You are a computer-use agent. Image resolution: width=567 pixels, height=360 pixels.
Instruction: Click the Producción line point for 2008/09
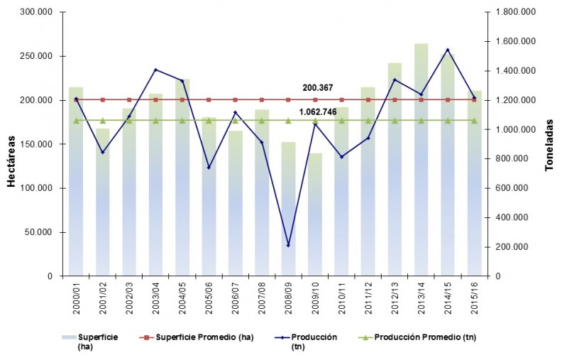pos(288,246)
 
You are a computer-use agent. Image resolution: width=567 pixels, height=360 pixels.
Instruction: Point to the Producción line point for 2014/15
pos(448,50)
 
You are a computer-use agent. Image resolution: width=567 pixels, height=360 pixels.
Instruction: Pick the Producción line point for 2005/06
pos(209,168)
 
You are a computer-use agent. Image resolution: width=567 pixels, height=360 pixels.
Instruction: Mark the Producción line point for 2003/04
pos(155,70)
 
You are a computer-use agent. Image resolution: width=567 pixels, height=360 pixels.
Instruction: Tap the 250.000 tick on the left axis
pos(40,56)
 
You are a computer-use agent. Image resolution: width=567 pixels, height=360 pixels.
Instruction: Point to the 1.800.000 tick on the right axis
pos(514,12)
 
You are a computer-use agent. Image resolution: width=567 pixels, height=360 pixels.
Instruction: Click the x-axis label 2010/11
pos(341,296)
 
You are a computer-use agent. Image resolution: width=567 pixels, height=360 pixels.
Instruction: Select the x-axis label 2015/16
pos(475,296)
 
